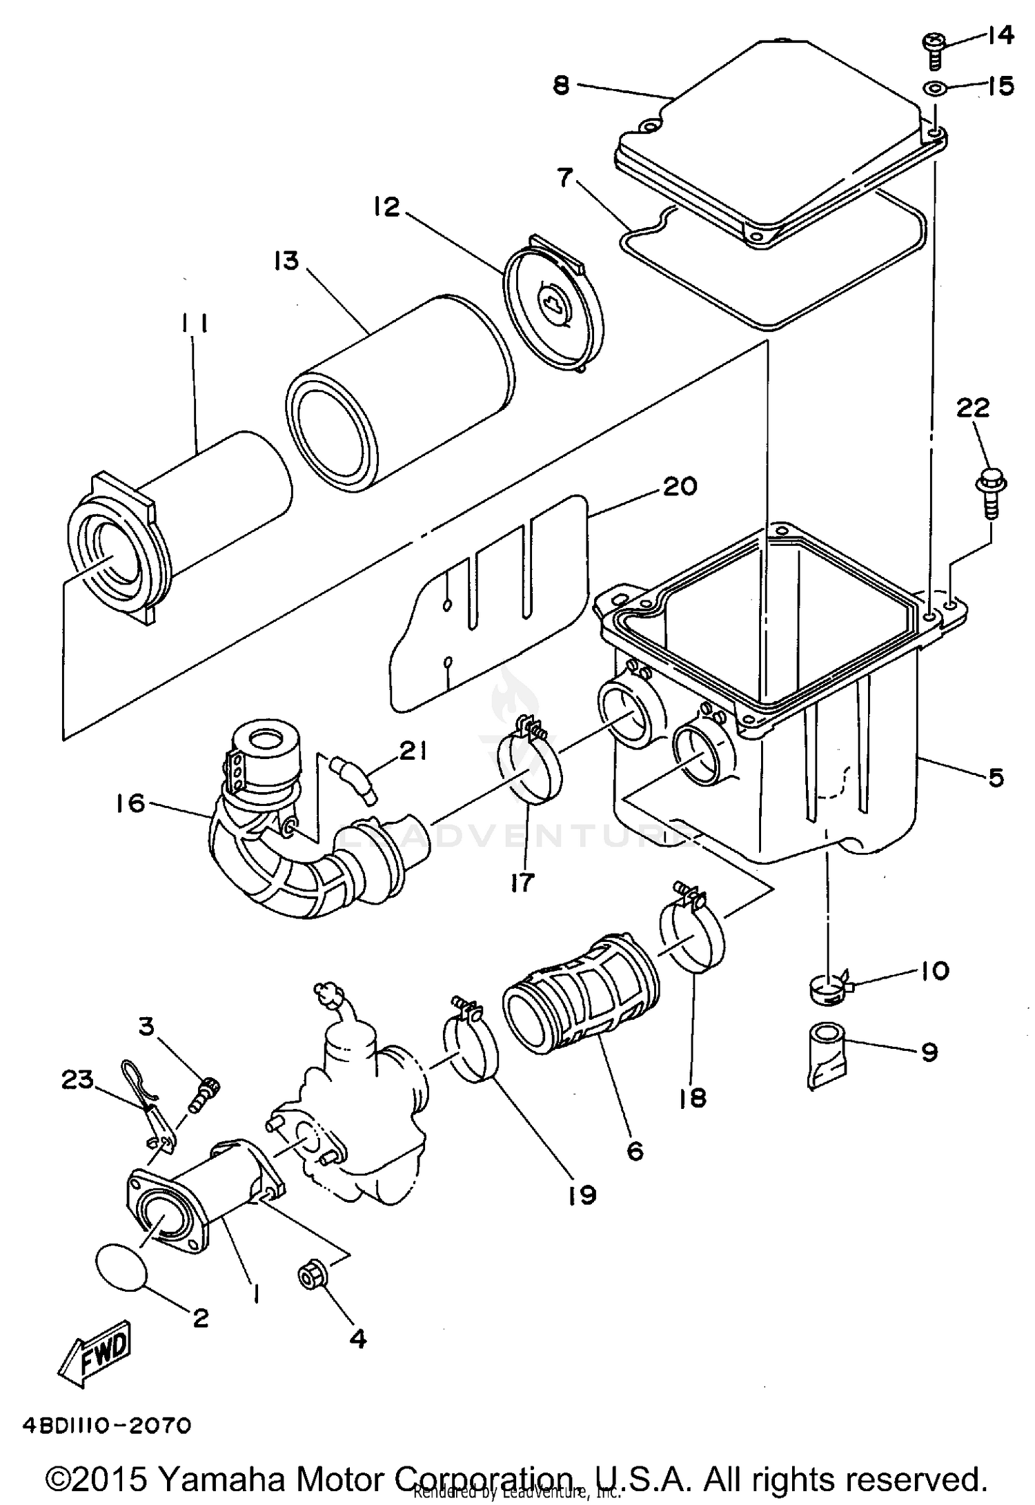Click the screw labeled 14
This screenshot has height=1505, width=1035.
coord(932,52)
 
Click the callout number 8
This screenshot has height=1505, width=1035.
coord(561,86)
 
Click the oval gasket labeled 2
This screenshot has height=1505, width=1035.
coord(121,1266)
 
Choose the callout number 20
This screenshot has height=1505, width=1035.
coord(680,486)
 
